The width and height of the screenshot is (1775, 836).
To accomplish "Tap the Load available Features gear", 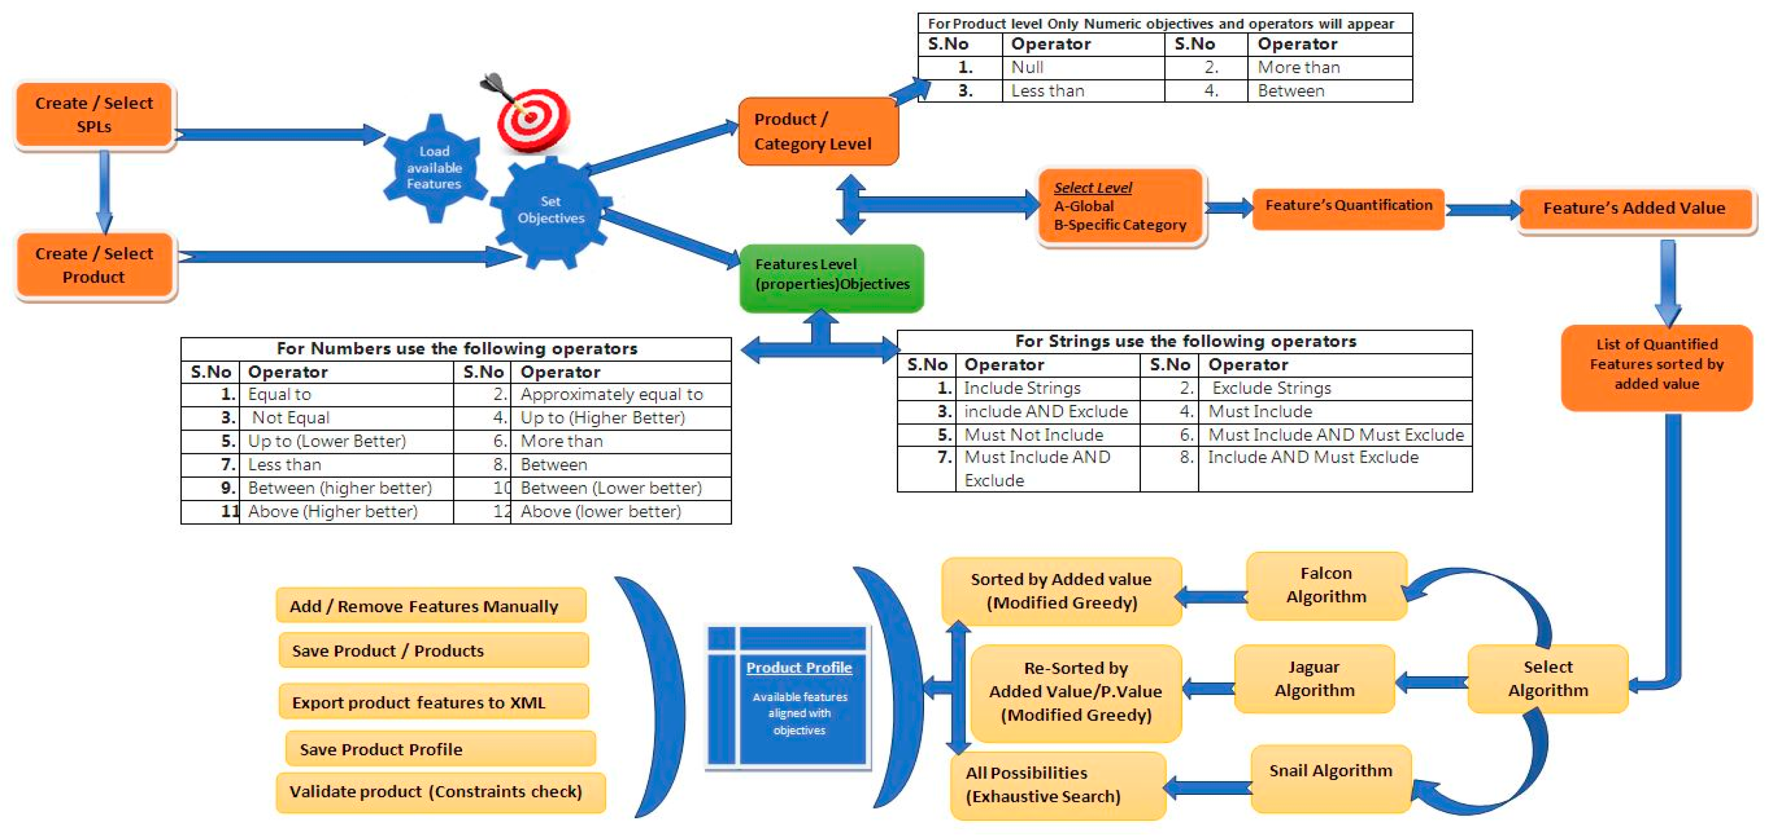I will pyautogui.click(x=434, y=167).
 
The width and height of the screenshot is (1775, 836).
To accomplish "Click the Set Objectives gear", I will pyautogui.click(x=551, y=210).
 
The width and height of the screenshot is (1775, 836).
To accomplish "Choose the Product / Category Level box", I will pyautogui.click(x=818, y=132).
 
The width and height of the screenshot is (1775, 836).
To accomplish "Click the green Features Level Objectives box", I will pyautogui.click(x=831, y=274).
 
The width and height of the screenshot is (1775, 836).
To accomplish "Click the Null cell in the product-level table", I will pyautogui.click(x=1027, y=68).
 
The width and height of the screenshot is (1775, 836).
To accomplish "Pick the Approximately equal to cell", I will pyautogui.click(x=611, y=394).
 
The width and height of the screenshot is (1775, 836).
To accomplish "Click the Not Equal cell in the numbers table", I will pyautogui.click(x=291, y=418).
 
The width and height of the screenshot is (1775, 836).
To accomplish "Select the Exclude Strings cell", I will pyautogui.click(x=1271, y=388).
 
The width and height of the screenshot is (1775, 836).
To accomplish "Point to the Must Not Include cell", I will pyautogui.click(x=1034, y=435).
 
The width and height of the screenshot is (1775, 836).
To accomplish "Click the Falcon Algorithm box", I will pyautogui.click(x=1326, y=585).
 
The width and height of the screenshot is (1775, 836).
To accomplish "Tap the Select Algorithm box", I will pyautogui.click(x=1548, y=679).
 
